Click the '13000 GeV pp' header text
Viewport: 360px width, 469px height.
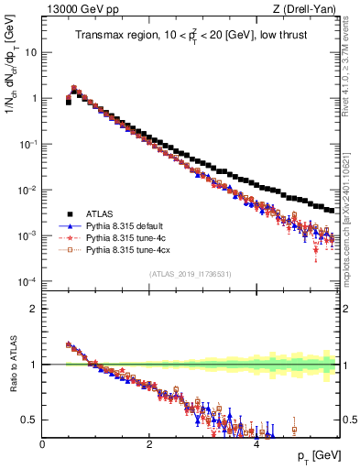[x=74, y=9]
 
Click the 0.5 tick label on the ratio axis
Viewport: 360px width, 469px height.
[x=28, y=420]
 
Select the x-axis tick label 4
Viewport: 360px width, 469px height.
[x=256, y=443]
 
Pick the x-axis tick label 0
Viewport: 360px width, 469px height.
[x=42, y=443]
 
